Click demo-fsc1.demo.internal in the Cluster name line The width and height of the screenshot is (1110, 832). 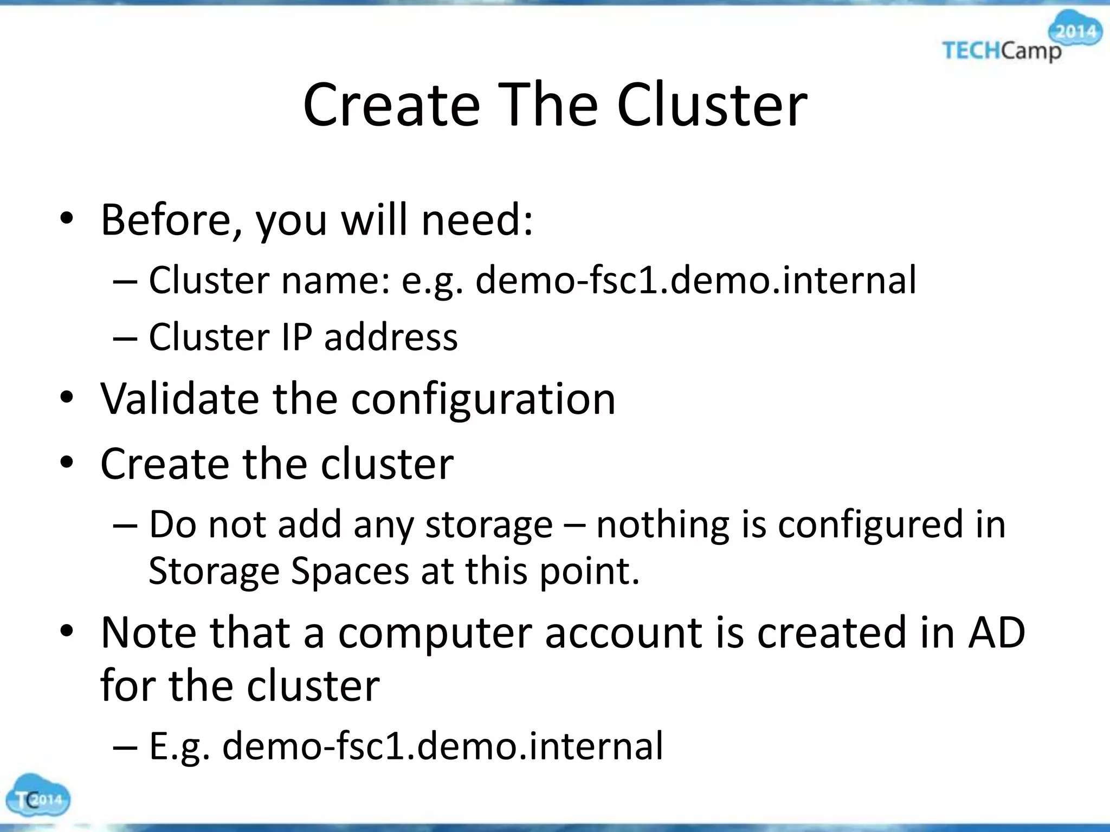click(x=695, y=280)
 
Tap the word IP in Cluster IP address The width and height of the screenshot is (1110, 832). click(x=297, y=337)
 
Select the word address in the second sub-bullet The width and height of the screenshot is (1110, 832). click(x=391, y=337)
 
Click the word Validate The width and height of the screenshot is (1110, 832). click(x=179, y=399)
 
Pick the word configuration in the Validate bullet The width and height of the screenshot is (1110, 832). click(x=483, y=400)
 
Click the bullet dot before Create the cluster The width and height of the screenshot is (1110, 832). click(x=66, y=464)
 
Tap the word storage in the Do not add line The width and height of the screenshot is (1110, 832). click(x=488, y=524)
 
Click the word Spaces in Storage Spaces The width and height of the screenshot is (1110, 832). click(x=350, y=571)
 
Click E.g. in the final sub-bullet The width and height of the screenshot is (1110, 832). click(x=179, y=746)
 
